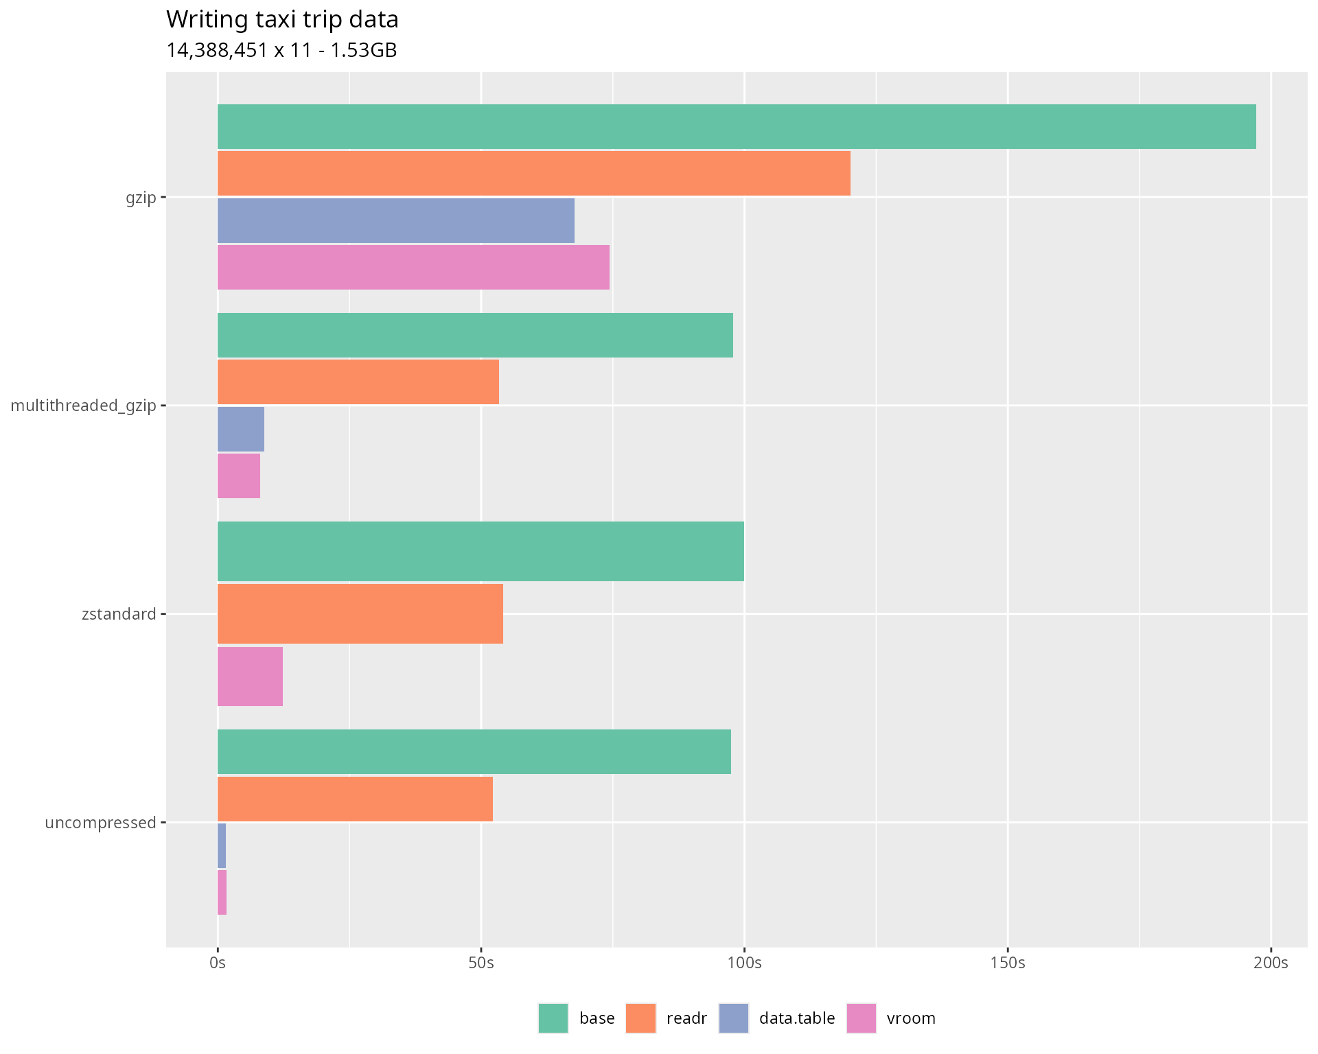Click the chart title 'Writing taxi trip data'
282,20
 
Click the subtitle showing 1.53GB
281,51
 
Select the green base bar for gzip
736,127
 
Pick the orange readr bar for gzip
533,174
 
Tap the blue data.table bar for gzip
395,220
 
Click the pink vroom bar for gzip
413,268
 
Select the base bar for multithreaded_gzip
475,336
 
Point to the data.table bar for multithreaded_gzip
241,429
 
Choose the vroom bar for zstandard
250,677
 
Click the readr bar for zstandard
360,613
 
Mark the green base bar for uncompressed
474,752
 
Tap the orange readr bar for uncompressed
355,799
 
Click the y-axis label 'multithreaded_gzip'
84,406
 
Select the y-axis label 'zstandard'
119,614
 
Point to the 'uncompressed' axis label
100,823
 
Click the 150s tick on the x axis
1008,963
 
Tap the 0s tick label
218,963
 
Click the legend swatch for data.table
734,1018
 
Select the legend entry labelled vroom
910,1018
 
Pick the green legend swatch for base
553,1018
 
